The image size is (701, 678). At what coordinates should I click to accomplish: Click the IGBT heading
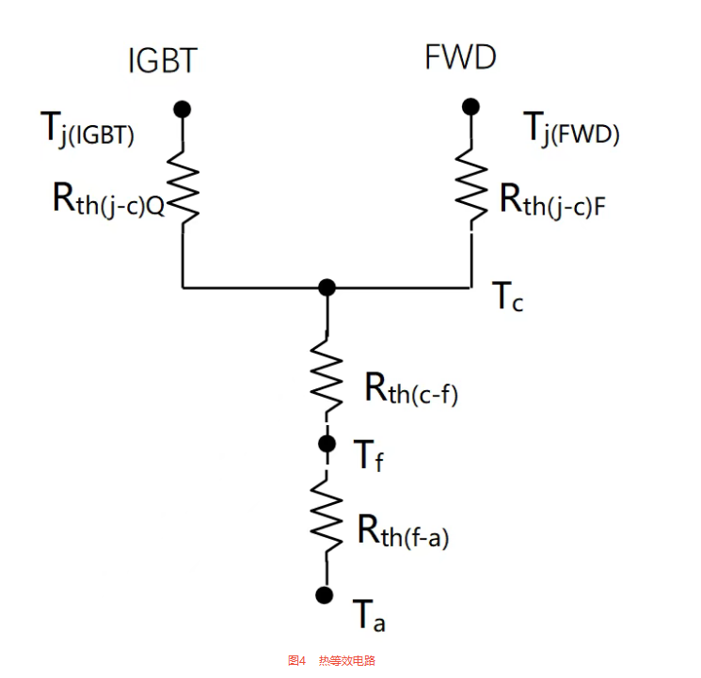(162, 61)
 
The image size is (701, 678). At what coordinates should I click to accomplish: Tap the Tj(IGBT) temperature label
(88, 130)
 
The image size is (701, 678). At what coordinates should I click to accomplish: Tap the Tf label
(369, 456)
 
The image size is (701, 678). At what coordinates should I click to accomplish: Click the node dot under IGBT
(183, 109)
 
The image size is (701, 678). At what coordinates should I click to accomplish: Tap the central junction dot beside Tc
(327, 287)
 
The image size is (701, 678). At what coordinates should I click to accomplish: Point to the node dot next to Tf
(327, 442)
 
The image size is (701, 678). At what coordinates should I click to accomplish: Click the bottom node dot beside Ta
(326, 594)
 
